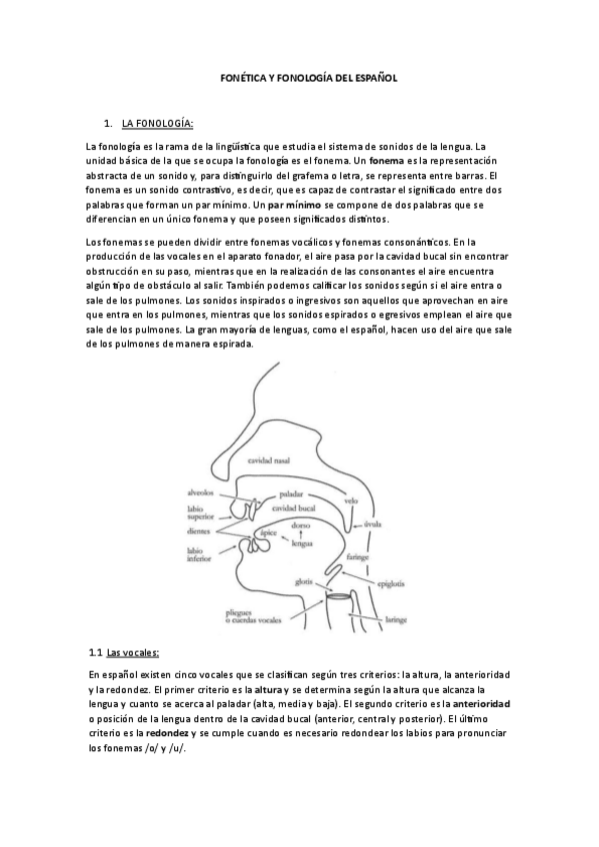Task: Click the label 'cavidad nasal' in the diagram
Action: click(269, 460)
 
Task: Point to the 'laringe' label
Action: click(396, 619)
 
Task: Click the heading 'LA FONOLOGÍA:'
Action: click(157, 123)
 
